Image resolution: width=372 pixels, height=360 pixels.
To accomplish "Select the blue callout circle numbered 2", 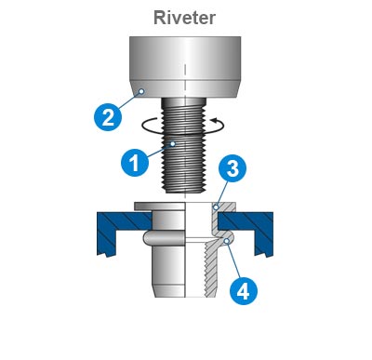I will click(108, 117).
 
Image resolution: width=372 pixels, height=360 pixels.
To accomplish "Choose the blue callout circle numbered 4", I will click(243, 290).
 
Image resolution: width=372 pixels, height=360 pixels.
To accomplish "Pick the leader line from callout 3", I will click(224, 187).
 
